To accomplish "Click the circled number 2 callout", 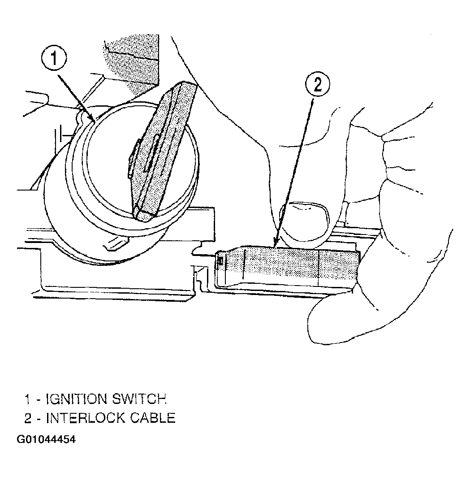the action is (318, 84).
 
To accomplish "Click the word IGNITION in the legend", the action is (77, 399).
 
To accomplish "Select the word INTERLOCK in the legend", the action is (86, 418).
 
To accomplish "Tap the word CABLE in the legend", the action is (153, 418).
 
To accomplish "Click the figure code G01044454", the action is (46, 439).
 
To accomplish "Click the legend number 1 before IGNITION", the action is (27, 399).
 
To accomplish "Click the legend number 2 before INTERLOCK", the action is (28, 418).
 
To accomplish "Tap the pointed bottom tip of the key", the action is (138, 217).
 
